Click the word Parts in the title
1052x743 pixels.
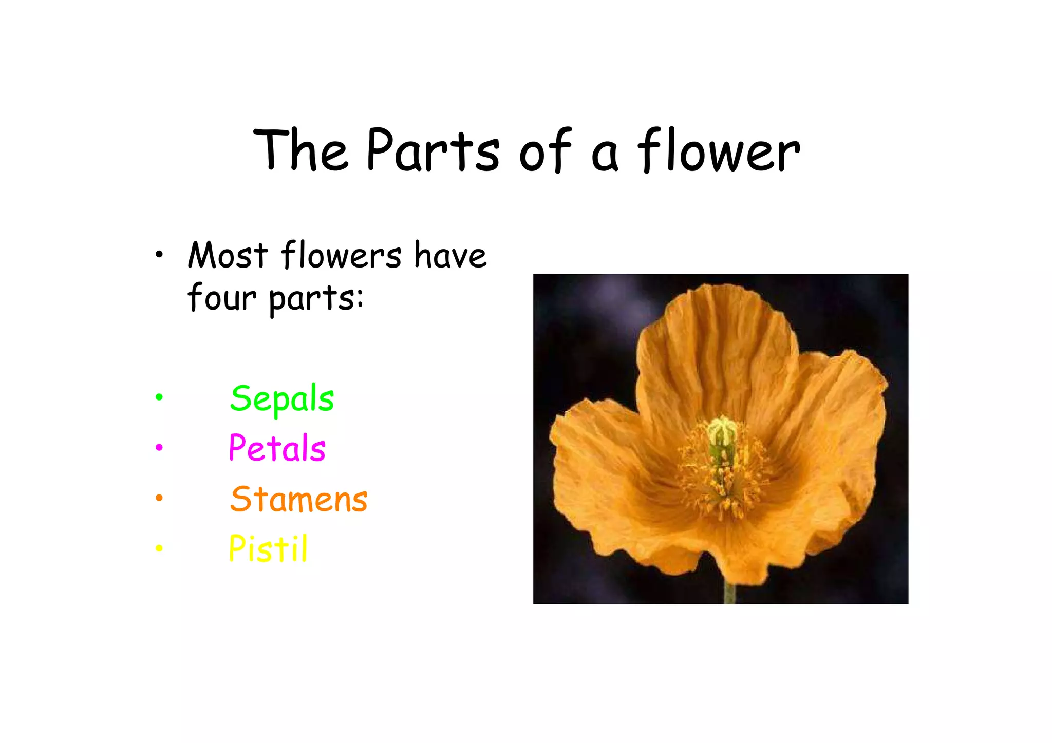click(x=433, y=151)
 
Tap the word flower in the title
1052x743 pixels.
click(x=718, y=151)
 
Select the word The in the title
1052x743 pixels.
click(x=301, y=151)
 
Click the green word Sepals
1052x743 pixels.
click(x=281, y=399)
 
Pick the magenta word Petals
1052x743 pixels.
click(x=277, y=448)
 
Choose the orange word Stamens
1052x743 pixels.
click(x=298, y=499)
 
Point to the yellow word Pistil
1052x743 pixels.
click(x=268, y=549)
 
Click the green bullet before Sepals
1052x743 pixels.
click(x=159, y=397)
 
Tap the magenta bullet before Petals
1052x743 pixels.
click(x=159, y=447)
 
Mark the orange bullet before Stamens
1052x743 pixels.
click(x=159, y=498)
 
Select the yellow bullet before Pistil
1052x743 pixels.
click(x=159, y=548)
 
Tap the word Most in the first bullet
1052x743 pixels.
click(x=228, y=256)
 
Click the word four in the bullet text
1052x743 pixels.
click(x=221, y=298)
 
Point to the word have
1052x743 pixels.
click(x=450, y=256)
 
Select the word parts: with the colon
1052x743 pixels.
click(x=316, y=299)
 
